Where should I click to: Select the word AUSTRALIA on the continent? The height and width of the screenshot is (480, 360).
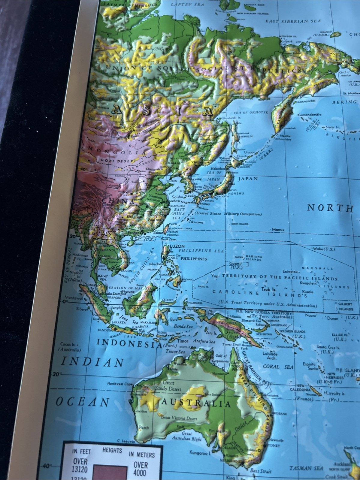(197, 403)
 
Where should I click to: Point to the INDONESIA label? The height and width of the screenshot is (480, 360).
(129, 343)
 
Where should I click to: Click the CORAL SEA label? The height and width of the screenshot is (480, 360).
(278, 367)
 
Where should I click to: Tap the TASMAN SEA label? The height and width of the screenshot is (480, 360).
(306, 468)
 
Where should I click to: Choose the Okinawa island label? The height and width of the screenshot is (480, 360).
(195, 222)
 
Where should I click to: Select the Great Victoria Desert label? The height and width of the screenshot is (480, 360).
(179, 418)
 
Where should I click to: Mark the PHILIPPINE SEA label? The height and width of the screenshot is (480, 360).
(201, 250)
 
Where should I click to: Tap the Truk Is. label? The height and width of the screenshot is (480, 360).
(269, 289)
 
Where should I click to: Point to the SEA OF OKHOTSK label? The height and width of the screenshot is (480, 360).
(251, 112)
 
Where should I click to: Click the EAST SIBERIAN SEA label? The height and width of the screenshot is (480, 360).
(293, 21)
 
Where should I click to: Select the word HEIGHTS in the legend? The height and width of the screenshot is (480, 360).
(112, 450)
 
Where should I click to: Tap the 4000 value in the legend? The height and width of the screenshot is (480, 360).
(141, 473)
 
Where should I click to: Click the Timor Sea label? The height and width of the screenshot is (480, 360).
(175, 351)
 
